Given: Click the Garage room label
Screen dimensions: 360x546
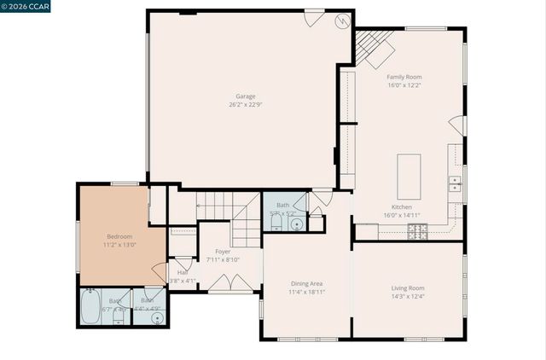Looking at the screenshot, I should tap(245, 96).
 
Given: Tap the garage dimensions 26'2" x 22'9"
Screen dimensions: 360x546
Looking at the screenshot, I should tap(245, 104).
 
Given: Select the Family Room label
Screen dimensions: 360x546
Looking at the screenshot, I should tap(404, 77).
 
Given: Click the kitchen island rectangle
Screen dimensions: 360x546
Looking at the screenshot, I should tap(409, 176).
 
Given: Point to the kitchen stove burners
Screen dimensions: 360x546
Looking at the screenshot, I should tap(416, 230).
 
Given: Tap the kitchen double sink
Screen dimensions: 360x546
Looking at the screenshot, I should tap(456, 183).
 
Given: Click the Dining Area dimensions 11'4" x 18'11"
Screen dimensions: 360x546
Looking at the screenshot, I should tap(306, 292).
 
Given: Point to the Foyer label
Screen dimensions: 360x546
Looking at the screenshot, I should tap(223, 252).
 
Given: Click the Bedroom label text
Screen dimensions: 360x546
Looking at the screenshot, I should tap(119, 235).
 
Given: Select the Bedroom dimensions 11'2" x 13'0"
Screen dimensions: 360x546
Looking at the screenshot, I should tap(119, 244).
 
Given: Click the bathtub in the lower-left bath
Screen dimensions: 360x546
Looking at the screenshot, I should tap(91, 308).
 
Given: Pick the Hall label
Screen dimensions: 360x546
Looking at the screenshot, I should tap(183, 272).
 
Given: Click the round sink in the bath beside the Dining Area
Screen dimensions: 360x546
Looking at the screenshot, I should tap(296, 224).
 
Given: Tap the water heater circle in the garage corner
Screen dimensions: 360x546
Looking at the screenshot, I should tap(343, 21).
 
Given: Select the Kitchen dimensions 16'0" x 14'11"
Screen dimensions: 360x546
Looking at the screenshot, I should tap(402, 215).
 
